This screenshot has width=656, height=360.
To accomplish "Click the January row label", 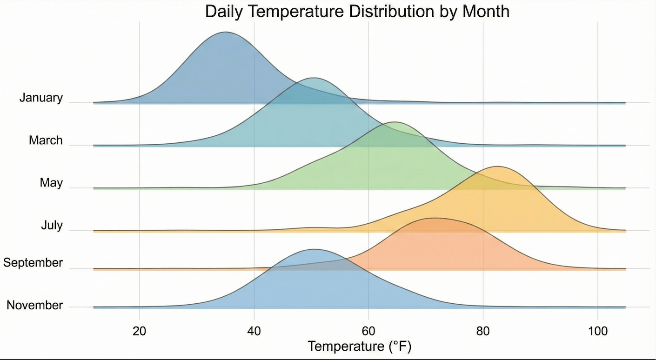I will click(41, 98).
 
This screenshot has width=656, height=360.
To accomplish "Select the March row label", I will click(46, 140).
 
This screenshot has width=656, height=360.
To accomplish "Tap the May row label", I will click(51, 183).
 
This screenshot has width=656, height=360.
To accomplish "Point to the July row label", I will click(52, 226).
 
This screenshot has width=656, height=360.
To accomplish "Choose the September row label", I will click(33, 263).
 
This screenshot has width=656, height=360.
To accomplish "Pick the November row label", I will click(35, 306).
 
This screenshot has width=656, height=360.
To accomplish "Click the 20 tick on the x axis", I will click(140, 332).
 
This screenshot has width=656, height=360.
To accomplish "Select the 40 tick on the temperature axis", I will click(254, 332).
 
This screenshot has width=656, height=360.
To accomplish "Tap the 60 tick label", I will click(368, 332).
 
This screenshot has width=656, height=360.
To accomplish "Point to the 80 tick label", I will click(483, 332).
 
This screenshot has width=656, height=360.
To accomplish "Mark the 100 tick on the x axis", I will click(597, 332).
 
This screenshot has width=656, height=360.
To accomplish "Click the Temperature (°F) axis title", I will click(360, 347).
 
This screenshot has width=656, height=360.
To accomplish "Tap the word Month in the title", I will click(486, 11).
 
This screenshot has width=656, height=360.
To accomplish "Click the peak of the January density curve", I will click(226, 32).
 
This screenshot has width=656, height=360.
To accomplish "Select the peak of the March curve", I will click(313, 78).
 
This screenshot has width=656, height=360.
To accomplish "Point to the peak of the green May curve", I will click(394, 122).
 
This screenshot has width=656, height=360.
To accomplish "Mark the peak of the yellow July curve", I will click(497, 166).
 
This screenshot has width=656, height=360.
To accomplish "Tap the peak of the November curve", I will click(315, 249).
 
